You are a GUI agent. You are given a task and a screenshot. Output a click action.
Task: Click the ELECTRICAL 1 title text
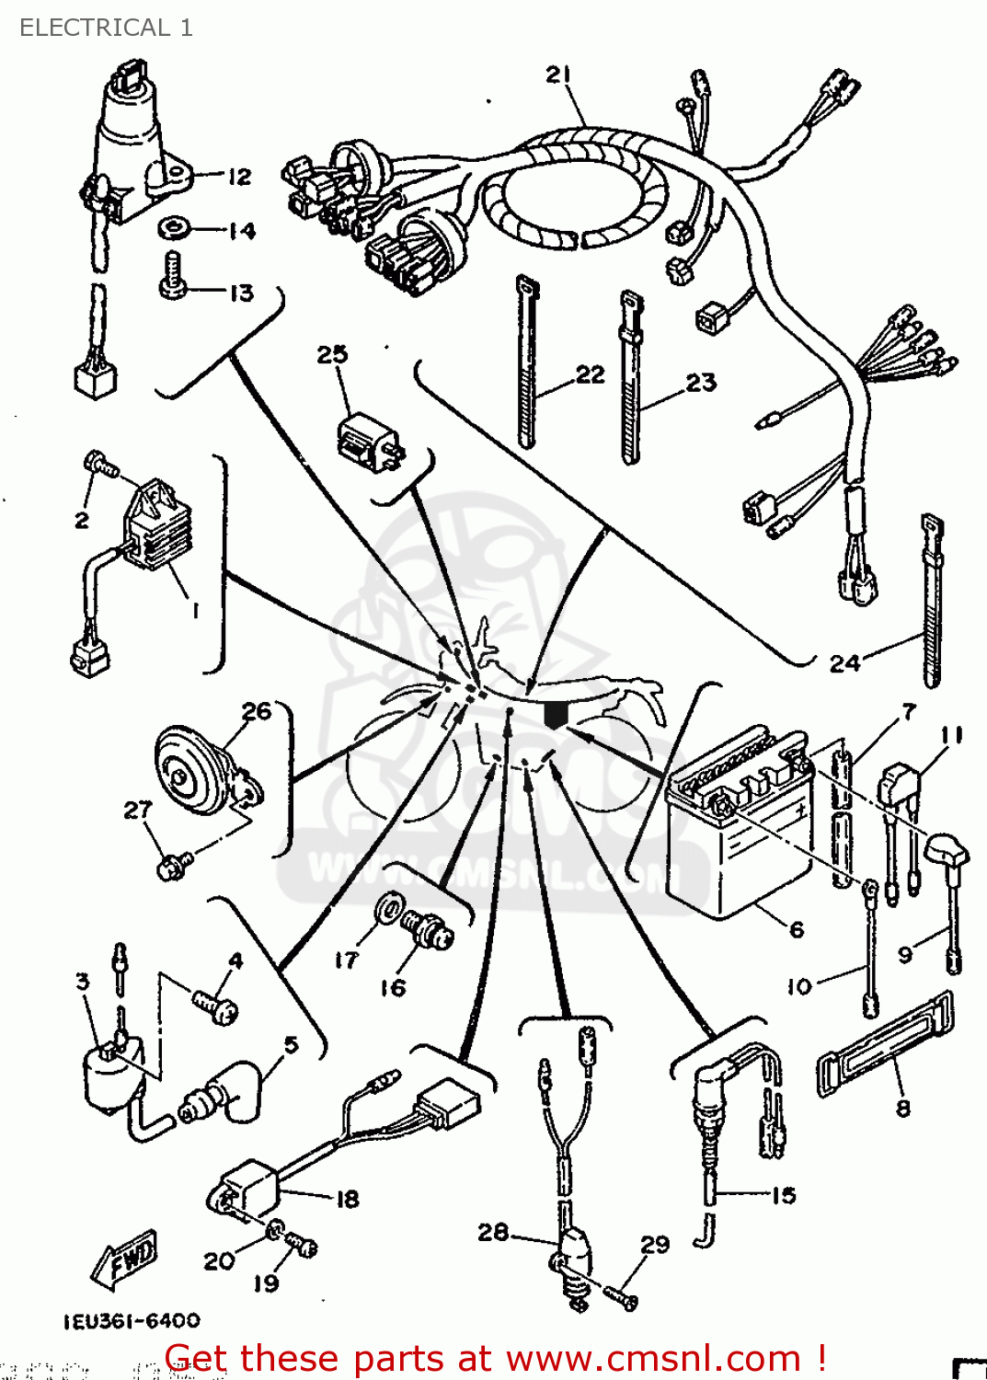[x=106, y=28]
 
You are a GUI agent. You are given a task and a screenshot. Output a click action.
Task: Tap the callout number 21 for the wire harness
[x=558, y=75]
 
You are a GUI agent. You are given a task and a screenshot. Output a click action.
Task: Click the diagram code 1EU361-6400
[x=132, y=1321]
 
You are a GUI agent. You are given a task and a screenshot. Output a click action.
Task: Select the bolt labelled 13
[x=173, y=276]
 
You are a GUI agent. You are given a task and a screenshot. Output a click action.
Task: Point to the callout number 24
[x=844, y=662]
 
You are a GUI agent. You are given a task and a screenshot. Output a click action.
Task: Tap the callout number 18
[x=348, y=1199]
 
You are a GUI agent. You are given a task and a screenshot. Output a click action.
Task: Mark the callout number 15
[x=783, y=1195]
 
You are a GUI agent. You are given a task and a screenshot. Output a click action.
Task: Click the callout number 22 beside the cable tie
[x=591, y=374]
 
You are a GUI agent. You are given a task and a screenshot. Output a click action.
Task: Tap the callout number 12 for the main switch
[x=239, y=176]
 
